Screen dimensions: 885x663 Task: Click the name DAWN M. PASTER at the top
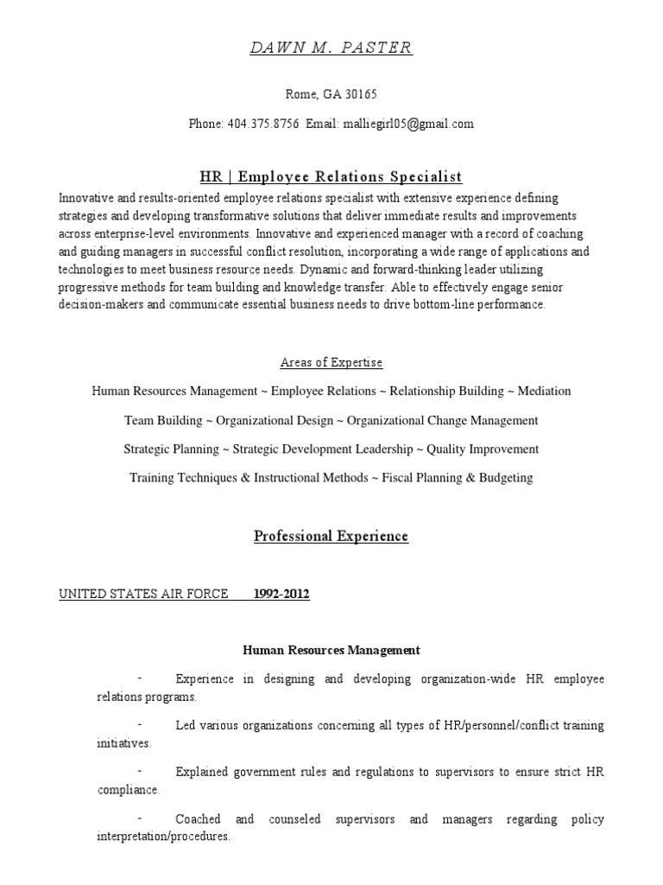coord(331,48)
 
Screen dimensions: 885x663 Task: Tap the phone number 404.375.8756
coord(263,124)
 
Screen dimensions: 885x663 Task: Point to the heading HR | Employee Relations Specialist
coord(331,177)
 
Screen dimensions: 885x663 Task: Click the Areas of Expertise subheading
coord(331,362)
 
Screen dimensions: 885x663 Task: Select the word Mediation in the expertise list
coord(544,392)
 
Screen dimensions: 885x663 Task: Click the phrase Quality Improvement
coord(483,449)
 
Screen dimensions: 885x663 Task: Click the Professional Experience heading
coord(331,537)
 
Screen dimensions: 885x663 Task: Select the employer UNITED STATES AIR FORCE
coord(143,594)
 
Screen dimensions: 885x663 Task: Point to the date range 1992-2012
coord(282,594)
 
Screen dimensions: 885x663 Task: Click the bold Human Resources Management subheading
coord(331,650)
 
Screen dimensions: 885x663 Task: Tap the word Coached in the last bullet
coord(198,818)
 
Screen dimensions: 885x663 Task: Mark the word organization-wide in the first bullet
coord(464,678)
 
